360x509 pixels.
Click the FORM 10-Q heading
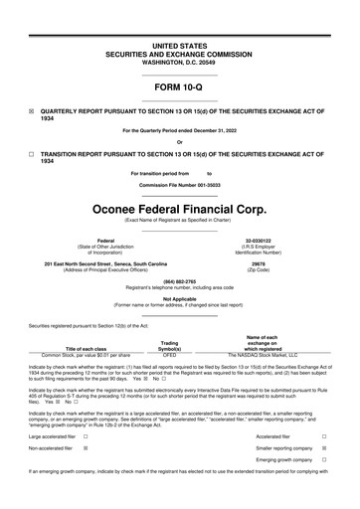(179, 88)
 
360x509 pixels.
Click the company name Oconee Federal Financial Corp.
(179, 212)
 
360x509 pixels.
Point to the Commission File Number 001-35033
(179, 186)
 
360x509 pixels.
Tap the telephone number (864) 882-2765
(179, 281)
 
